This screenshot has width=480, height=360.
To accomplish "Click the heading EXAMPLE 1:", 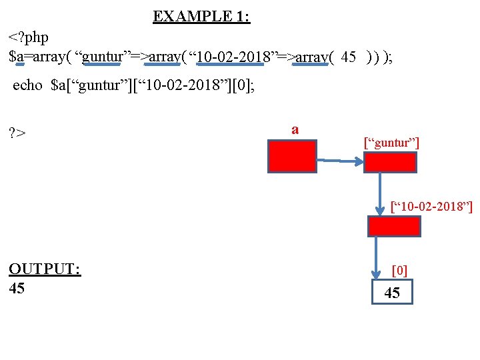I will pyautogui.click(x=201, y=17).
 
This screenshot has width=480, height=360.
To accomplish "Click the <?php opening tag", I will pyautogui.click(x=28, y=37).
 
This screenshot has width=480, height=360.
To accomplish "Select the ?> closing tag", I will pyautogui.click(x=17, y=133).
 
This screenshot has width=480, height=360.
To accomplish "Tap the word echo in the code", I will pyautogui.click(x=27, y=85).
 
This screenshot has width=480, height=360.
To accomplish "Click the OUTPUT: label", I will pyautogui.click(x=45, y=269).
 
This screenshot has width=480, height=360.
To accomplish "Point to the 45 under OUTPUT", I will pyautogui.click(x=17, y=288).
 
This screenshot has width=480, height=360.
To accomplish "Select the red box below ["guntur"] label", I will pyautogui.click(x=389, y=163).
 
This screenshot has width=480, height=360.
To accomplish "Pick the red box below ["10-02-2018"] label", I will pyautogui.click(x=394, y=227).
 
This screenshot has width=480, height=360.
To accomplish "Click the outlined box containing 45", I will pyautogui.click(x=392, y=293).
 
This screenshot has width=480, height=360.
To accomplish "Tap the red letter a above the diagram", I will pyautogui.click(x=295, y=129).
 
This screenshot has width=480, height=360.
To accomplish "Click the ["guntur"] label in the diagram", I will pyautogui.click(x=391, y=142).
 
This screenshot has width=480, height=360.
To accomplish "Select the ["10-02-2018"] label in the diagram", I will pyautogui.click(x=431, y=208).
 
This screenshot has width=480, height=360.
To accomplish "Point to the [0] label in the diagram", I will pyautogui.click(x=399, y=270).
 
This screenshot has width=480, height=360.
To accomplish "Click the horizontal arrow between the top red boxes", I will pyautogui.click(x=340, y=161).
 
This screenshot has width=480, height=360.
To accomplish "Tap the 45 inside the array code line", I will pyautogui.click(x=348, y=57).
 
